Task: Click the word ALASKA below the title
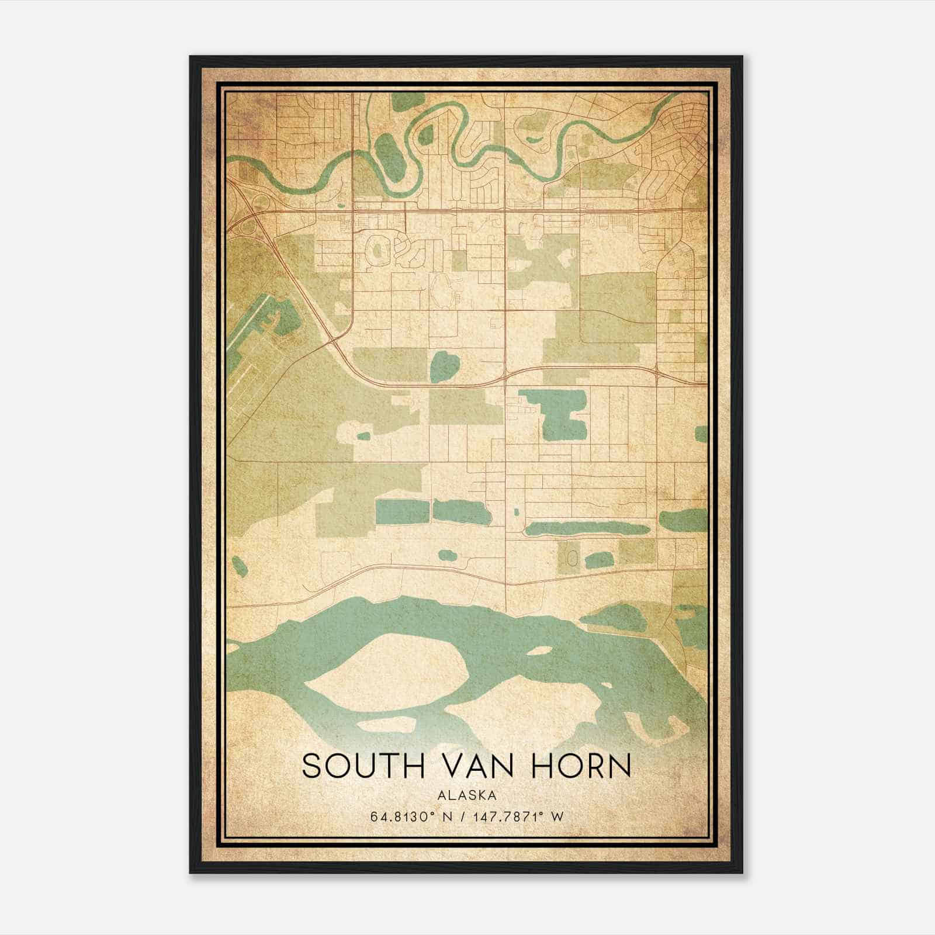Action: [x=467, y=795]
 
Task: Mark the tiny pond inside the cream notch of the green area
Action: [x=363, y=435]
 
